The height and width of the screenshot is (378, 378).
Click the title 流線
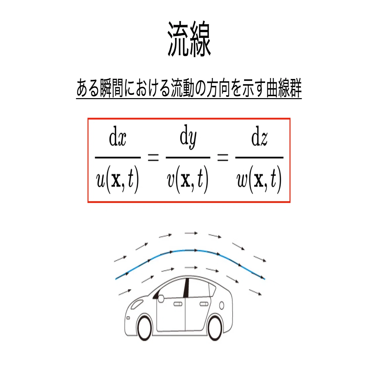[x=189, y=39]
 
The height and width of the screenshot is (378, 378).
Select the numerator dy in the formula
[x=188, y=137]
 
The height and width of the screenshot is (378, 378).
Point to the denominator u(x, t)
[x=117, y=180]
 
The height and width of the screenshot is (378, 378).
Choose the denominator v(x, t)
[x=188, y=180]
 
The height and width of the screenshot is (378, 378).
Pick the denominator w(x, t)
[x=259, y=180]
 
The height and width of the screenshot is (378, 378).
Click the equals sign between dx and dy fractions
[x=153, y=158]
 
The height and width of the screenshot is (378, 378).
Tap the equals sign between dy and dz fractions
[x=223, y=158]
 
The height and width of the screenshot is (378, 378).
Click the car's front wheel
[x=144, y=328]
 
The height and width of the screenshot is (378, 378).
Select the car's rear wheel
[x=214, y=328]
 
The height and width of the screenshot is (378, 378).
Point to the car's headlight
[x=136, y=304]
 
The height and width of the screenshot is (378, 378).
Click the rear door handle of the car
[x=204, y=304]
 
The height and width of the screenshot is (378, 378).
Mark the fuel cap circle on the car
[x=221, y=306]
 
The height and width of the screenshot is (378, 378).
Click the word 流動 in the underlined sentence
[x=183, y=88]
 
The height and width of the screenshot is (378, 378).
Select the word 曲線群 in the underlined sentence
[x=284, y=88]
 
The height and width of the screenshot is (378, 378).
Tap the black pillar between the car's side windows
[x=186, y=288]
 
